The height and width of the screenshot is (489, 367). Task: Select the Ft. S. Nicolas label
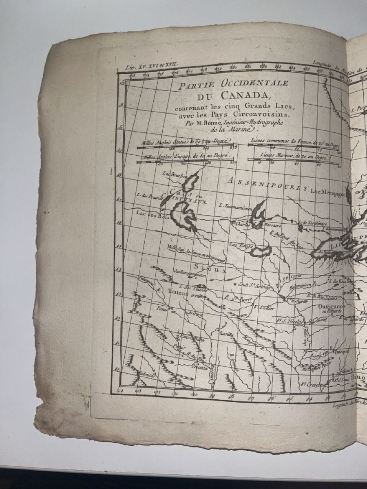point(290,322)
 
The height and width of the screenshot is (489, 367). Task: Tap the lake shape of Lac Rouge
point(260,251)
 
